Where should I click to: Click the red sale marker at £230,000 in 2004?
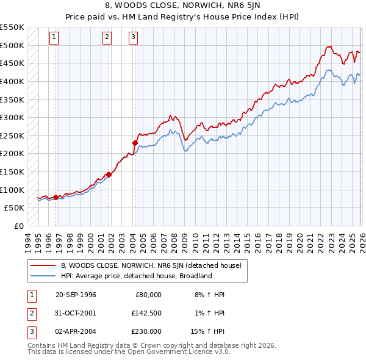pyautogui.click(x=135, y=143)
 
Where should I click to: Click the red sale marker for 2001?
pyautogui.click(x=109, y=175)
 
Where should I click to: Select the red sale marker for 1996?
pyautogui.click(x=56, y=197)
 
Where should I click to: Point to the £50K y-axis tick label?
pyautogui.click(x=15, y=208)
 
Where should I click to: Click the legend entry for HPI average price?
pyautogui.click(x=135, y=276)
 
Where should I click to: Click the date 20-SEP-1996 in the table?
pyautogui.click(x=76, y=295)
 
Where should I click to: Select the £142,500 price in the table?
pyautogui.click(x=146, y=313)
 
